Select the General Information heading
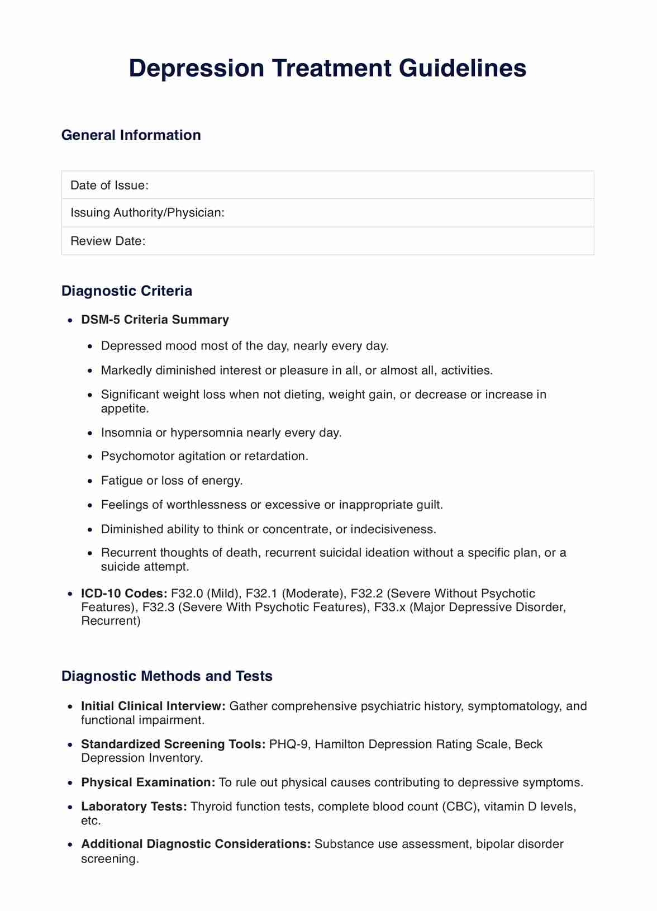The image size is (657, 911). (x=131, y=135)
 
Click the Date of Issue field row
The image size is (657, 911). (x=327, y=185)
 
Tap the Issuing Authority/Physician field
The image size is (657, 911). (x=327, y=213)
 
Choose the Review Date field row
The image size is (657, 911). (x=327, y=241)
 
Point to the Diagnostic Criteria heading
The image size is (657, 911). (x=126, y=291)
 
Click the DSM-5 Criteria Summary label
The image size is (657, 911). (x=155, y=320)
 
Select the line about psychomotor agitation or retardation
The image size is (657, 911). (x=204, y=456)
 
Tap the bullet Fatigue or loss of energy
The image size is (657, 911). (x=172, y=481)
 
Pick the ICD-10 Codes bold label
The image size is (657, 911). (x=124, y=594)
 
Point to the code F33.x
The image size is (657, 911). (x=387, y=608)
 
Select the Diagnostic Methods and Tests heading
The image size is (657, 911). (x=166, y=676)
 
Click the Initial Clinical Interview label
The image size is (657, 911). (x=153, y=706)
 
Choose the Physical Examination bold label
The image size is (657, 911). (x=148, y=782)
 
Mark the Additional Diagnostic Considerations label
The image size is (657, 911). (x=196, y=844)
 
